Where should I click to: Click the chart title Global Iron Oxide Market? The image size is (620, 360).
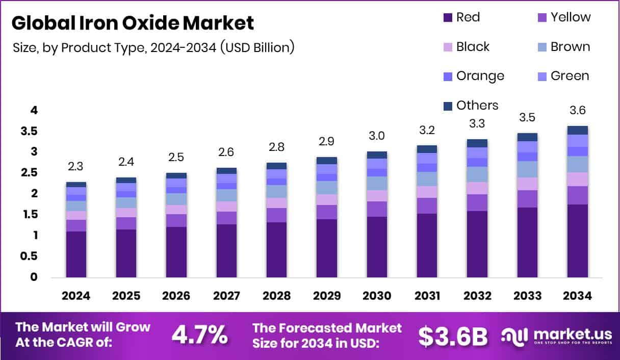[132, 23]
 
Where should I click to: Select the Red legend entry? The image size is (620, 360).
[461, 17]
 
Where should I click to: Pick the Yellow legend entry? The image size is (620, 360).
[563, 17]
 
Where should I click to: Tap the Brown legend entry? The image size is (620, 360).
[563, 47]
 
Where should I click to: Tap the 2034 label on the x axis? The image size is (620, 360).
[577, 296]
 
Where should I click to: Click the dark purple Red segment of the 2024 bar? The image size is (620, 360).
[76, 254]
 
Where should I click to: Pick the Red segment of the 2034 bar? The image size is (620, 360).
[577, 241]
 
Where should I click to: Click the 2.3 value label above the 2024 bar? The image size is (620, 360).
[76, 167]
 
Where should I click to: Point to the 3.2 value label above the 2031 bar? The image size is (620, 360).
[426, 131]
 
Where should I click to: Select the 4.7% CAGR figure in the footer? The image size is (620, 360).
[199, 335]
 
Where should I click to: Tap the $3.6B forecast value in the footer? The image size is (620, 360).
[453, 336]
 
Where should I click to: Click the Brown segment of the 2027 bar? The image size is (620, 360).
[226, 195]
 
